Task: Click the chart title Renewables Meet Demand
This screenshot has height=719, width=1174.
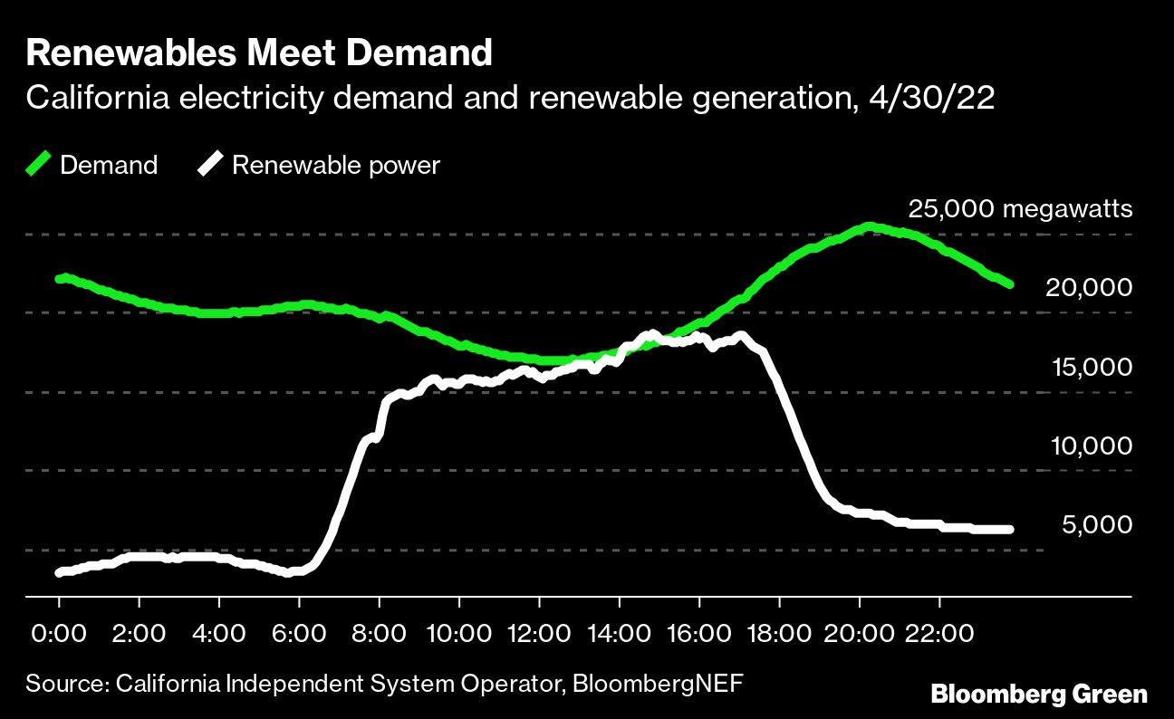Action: [259, 54]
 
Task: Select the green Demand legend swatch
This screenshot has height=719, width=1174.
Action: [38, 165]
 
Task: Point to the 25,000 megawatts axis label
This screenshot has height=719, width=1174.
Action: [1020, 210]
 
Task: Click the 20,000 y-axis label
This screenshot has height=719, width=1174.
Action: [1088, 288]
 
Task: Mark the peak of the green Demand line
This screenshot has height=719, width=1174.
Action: [868, 226]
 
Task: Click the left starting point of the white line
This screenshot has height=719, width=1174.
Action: [60, 572]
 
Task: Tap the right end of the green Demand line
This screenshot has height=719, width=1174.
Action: [1009, 284]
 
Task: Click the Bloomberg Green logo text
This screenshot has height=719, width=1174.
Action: [1039, 695]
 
